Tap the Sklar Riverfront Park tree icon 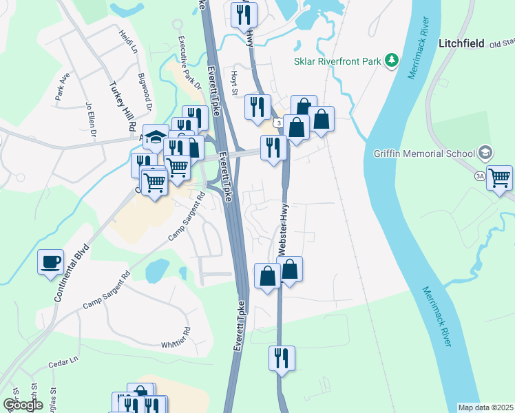tap(392, 61)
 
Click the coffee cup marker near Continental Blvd tap(51, 262)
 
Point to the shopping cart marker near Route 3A tap(499, 178)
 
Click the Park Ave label tap(63, 91)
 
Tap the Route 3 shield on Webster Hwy tap(276, 123)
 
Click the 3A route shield tap(479, 177)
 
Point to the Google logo tap(22, 405)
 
